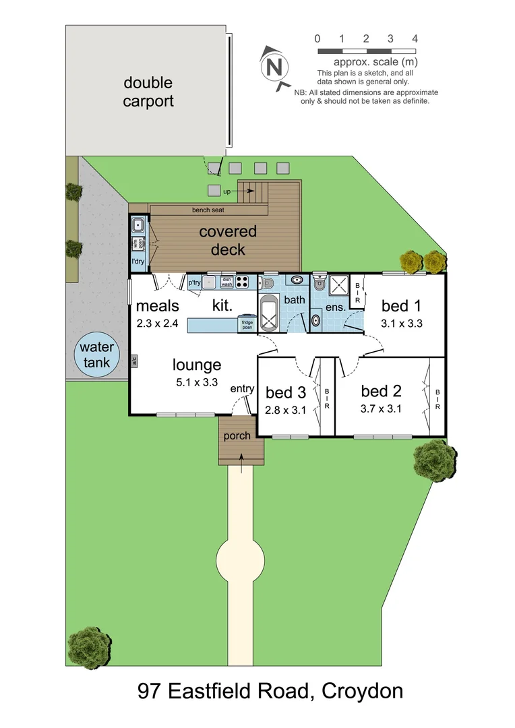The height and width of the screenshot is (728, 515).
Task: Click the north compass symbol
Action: point(273,67)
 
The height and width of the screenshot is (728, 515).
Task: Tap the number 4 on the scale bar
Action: point(415,39)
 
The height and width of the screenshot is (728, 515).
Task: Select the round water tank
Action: point(95,355)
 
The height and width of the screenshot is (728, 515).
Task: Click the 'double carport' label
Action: point(148,92)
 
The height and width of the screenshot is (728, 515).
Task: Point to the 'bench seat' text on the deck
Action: point(208,210)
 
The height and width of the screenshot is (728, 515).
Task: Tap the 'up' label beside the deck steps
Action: point(227,191)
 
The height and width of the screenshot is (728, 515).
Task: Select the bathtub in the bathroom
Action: point(269,313)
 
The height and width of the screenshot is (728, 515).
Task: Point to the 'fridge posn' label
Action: point(248,326)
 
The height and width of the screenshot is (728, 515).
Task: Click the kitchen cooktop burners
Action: point(243,283)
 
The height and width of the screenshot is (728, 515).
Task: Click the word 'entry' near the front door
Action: point(242,389)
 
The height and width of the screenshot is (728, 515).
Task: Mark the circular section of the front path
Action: point(239,561)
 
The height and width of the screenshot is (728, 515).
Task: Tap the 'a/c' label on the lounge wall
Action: point(135,361)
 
